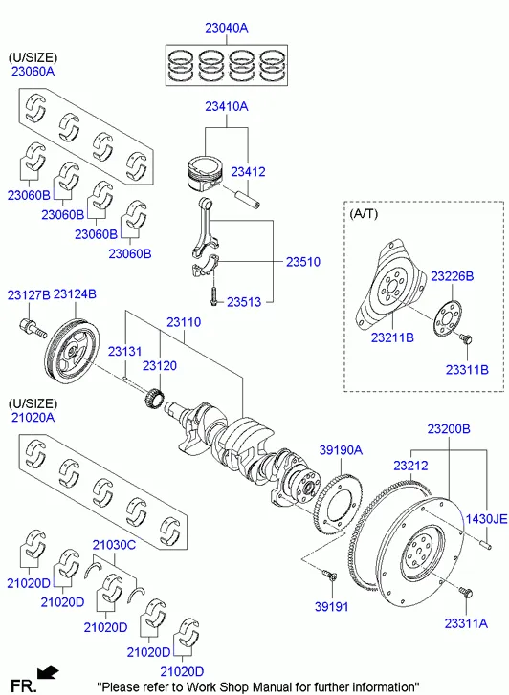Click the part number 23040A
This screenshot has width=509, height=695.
227,28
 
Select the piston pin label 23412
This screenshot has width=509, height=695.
248,171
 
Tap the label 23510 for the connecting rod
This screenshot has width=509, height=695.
303,262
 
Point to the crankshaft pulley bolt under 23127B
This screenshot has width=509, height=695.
33,329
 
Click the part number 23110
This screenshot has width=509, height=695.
184,322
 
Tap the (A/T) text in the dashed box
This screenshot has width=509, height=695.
364,213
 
